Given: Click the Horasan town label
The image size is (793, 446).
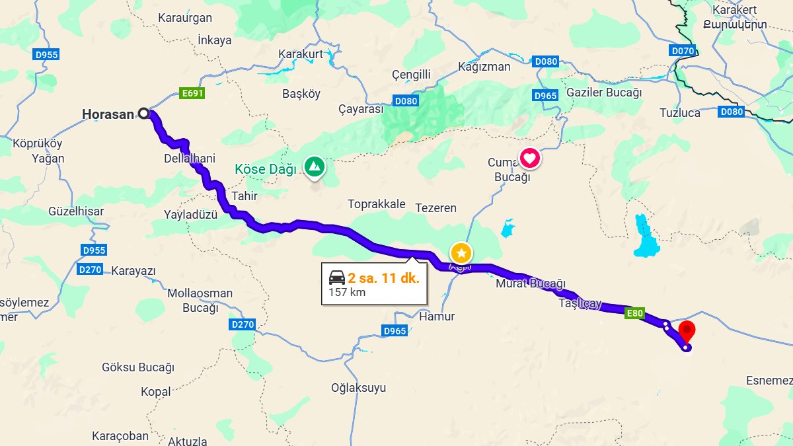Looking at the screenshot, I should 108,114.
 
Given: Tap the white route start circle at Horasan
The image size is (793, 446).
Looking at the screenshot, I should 143,114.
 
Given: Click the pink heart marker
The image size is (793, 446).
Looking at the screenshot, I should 530,158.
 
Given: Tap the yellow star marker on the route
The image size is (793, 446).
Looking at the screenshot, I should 461,252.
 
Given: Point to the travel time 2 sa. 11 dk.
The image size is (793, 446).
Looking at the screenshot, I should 384,278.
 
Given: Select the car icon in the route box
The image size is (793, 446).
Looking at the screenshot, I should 337,278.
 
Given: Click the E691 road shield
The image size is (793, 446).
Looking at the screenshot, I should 192,94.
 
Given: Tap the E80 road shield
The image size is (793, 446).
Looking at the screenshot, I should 634,314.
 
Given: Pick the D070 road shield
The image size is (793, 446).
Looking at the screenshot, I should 683,50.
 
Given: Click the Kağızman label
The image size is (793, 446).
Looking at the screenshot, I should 484,67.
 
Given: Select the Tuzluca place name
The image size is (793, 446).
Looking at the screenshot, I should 680,113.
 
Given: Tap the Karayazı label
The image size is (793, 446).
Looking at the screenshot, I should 133,271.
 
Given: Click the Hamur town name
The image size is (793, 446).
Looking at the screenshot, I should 437,316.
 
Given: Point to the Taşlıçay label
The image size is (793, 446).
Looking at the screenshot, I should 580,304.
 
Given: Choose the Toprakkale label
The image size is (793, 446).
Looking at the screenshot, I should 377,204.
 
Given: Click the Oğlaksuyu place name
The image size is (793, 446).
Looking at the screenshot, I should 358,388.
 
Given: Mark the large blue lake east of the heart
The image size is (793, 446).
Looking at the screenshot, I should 645,238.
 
